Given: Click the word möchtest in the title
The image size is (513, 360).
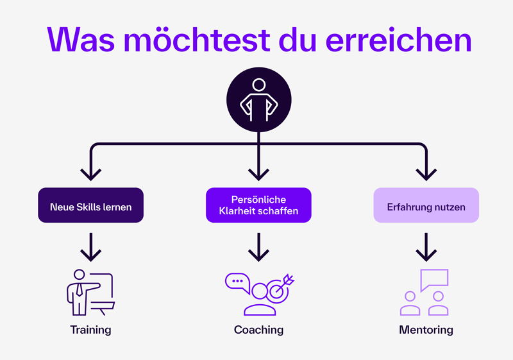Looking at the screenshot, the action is (197, 39).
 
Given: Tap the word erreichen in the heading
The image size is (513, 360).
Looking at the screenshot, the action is (398, 39).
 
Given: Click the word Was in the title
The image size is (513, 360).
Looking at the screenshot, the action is (81, 39).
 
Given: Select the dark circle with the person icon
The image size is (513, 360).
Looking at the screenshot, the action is (259, 100).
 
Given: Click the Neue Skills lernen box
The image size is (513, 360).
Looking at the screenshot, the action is (90, 205).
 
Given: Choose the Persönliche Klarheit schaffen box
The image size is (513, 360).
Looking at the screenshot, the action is (258, 205).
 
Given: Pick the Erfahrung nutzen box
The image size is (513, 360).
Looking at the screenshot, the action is (426, 205).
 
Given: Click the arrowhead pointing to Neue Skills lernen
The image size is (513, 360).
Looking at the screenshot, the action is (90, 176).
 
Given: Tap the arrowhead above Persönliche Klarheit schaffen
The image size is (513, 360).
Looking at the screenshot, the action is (258, 176).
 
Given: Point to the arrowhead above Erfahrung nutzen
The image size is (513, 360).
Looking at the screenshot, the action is (426, 176).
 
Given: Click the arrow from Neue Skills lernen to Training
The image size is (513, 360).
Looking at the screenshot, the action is (90, 247).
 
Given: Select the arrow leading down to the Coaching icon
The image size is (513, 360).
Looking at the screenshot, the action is (258, 247).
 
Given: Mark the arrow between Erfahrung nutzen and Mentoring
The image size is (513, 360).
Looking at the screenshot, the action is (426, 247).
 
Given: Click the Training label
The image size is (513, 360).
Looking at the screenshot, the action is (90, 330).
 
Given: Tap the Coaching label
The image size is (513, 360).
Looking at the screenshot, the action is (258, 330).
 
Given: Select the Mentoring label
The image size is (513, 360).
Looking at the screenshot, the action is (426, 330).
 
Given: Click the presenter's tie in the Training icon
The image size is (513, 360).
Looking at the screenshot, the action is (79, 290).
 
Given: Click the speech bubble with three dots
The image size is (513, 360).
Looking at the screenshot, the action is (237, 282).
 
